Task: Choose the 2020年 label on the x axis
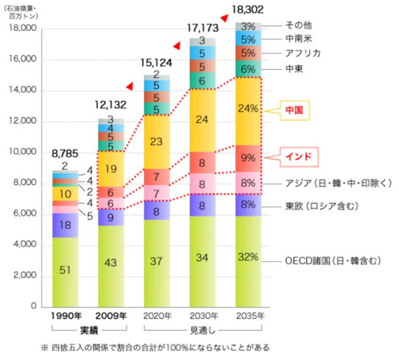[157, 316]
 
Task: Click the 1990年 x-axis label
[66, 316]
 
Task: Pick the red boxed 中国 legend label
[293, 110]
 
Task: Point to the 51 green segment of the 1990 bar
[66, 271]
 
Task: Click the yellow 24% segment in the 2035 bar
[248, 109]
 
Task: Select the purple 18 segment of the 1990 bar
[66, 225]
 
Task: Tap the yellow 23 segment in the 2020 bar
[156, 142]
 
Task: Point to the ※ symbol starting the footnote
[45, 348]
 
